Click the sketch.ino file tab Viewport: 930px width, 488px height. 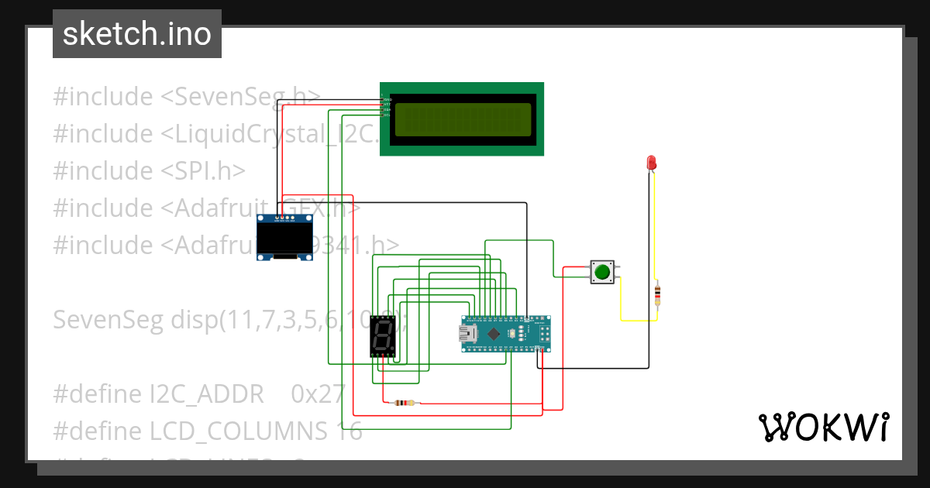pos(136,34)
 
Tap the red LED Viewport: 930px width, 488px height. pos(652,163)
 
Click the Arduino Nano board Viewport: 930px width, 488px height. pos(507,333)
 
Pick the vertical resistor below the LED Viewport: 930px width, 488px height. pos(658,294)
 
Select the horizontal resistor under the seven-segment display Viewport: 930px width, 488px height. pos(404,403)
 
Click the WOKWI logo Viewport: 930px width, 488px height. pos(823,427)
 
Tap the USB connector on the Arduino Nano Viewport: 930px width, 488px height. pos(468,334)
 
